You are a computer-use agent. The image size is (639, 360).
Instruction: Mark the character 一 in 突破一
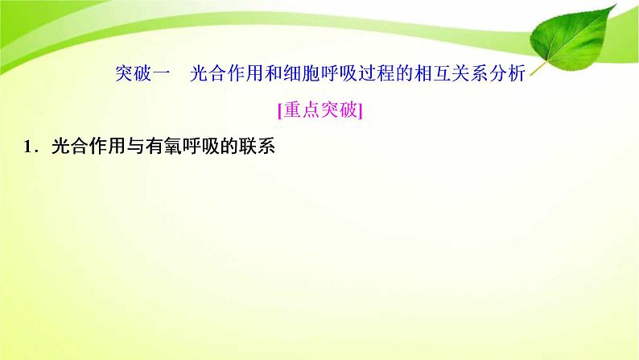160,76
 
